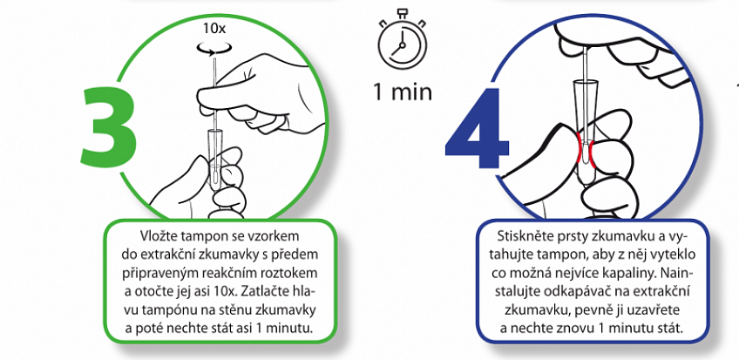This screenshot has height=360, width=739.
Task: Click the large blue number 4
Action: coord(477,129)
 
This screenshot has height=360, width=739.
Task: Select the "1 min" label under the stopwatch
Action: coord(402,92)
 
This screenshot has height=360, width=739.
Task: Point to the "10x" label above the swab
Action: coord(214,28)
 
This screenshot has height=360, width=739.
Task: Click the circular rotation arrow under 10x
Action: coord(215,47)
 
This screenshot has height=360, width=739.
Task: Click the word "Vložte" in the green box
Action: coord(158,234)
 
